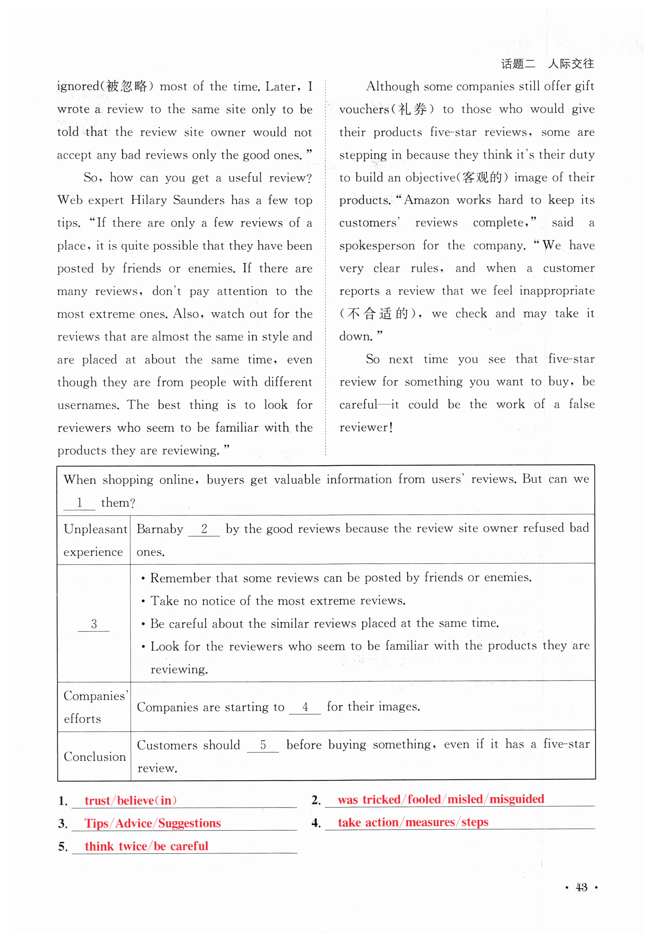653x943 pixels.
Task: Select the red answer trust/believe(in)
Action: coord(131,800)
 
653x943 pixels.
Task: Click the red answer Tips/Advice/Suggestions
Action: coord(153,823)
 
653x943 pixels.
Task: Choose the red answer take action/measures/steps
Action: coord(413,822)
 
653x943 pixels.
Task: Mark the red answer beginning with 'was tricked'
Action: coord(441,799)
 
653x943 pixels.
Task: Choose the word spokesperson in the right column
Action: coord(376,245)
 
